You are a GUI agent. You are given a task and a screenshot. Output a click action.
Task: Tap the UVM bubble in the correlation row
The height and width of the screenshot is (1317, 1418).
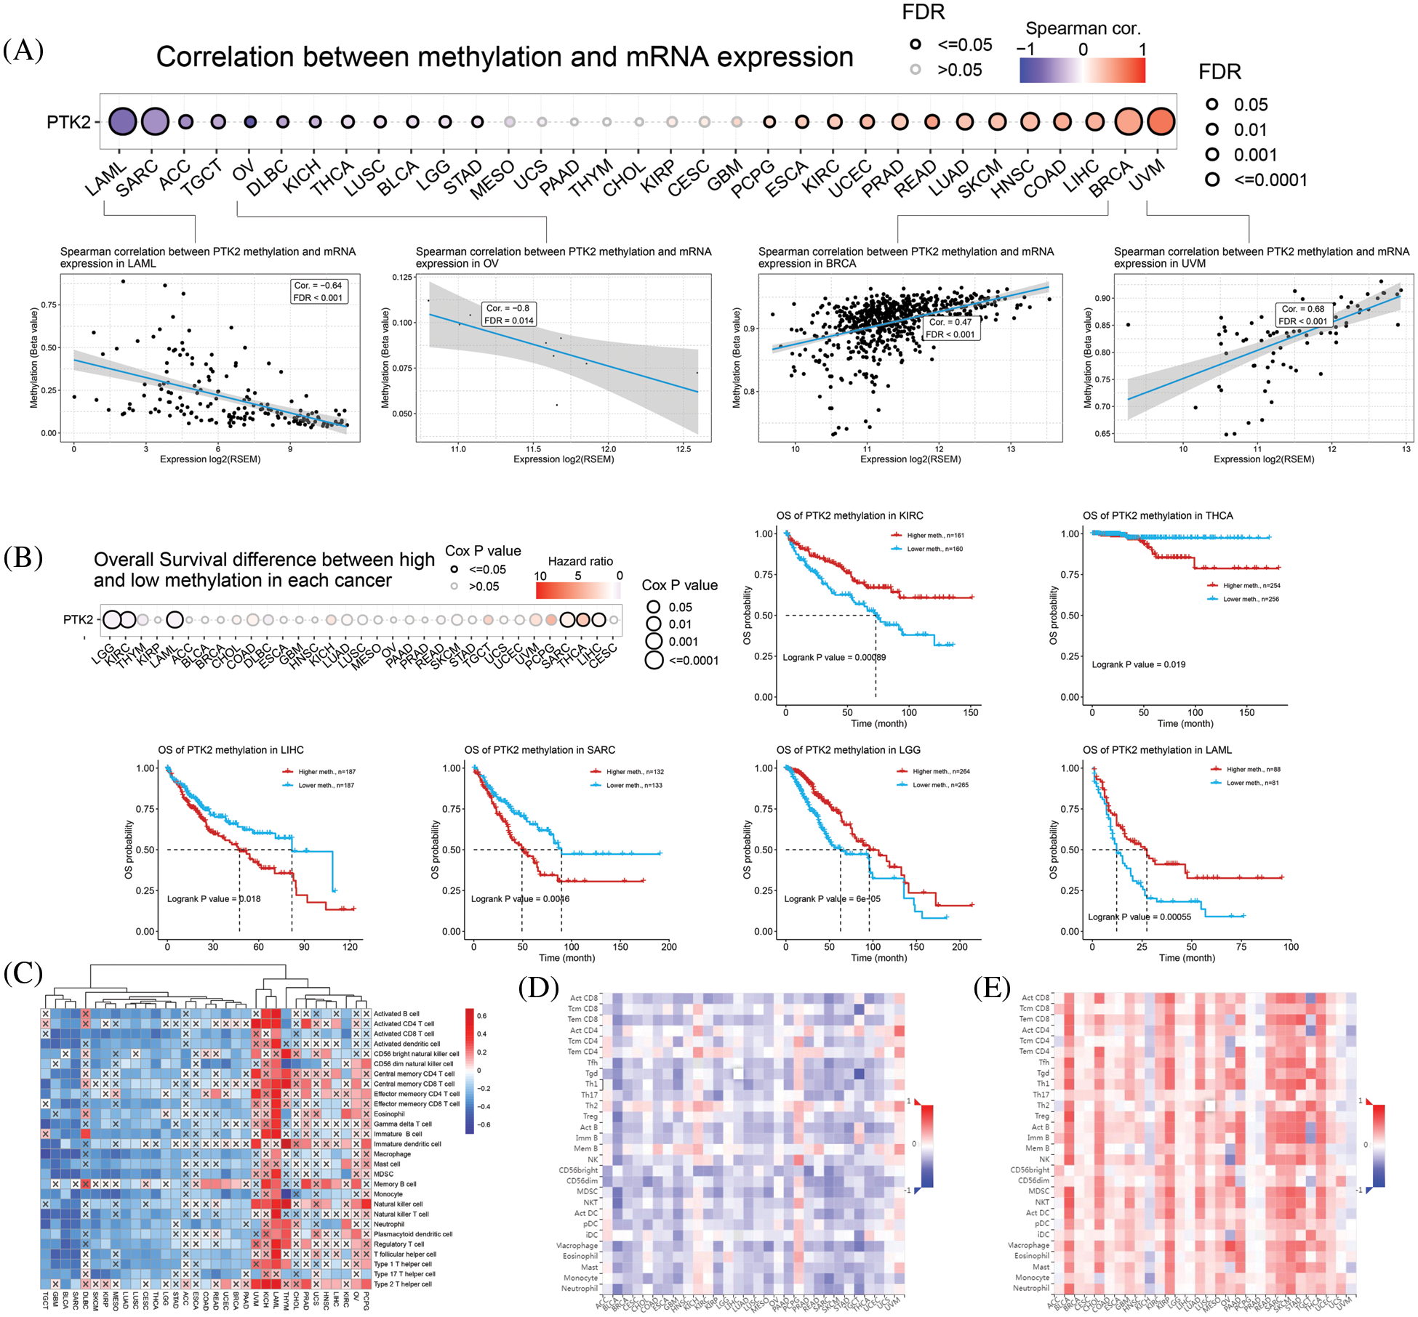(x=1161, y=121)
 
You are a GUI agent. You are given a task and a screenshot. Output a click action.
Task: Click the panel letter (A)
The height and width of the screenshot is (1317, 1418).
(x=23, y=51)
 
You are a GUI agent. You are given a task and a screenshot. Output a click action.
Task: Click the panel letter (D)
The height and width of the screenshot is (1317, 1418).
(x=539, y=988)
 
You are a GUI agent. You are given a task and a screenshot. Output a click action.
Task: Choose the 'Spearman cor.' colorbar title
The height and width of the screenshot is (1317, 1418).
(x=1083, y=28)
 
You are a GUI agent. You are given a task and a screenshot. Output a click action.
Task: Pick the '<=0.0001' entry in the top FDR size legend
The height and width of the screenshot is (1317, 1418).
(x=1270, y=180)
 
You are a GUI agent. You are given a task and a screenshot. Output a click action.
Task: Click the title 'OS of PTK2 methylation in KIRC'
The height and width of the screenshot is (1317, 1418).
(x=849, y=515)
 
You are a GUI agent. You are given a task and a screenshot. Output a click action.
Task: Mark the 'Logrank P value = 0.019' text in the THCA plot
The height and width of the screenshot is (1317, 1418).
(x=1138, y=664)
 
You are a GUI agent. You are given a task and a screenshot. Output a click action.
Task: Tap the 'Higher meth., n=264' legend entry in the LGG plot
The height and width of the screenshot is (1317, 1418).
(x=941, y=771)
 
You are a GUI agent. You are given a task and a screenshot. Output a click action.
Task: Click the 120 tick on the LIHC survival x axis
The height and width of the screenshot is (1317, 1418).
(x=351, y=947)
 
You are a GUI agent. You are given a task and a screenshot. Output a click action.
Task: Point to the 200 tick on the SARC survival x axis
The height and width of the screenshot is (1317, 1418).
(x=668, y=947)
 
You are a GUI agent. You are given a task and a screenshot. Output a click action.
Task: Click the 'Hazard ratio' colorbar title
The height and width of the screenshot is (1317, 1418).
(x=580, y=561)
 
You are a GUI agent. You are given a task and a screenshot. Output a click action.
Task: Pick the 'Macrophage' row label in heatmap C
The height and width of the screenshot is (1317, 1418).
(x=392, y=1154)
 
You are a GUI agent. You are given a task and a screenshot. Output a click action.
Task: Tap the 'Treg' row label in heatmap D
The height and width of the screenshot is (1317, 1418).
(x=590, y=1116)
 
